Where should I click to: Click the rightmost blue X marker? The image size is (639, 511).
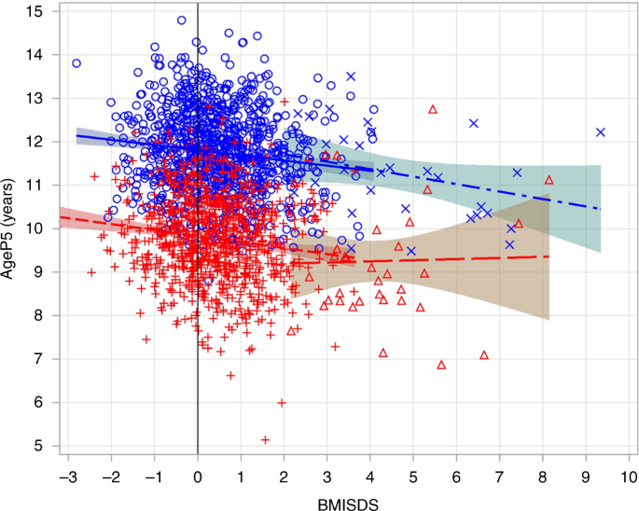601,132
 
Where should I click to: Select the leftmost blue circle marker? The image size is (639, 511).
76,63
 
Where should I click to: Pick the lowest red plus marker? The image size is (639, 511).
265,439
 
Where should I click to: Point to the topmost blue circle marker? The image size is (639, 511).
181,20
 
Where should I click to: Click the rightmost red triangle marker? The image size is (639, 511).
549,180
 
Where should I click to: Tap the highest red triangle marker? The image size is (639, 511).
433,109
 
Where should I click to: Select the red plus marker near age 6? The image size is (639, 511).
282,403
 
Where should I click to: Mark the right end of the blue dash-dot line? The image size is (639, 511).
600,208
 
